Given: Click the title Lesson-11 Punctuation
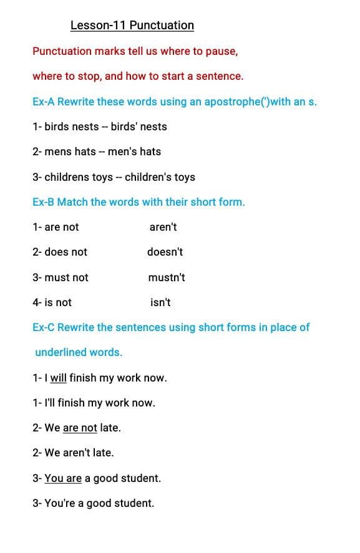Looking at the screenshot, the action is tap(132, 26).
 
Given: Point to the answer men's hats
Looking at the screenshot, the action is tap(134, 151).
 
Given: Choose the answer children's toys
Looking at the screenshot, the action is tap(160, 177).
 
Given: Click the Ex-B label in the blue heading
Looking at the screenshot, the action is tap(43, 202).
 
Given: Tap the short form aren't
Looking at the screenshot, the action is tap(163, 227).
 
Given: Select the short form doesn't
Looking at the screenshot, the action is tap(165, 252).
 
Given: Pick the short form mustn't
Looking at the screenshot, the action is tap(167, 277).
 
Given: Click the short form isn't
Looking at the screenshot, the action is tap(160, 302).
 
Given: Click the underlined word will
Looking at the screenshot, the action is tap(58, 378).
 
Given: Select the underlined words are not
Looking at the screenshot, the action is tap(80, 428).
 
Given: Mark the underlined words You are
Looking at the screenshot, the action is tap(63, 478).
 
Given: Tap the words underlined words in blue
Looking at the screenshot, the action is tap(79, 352).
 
